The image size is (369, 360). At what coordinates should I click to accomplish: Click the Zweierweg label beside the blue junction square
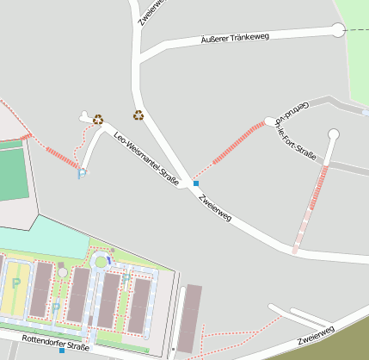pos(215,208)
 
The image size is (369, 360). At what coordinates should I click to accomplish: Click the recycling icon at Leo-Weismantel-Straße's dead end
pos(98,120)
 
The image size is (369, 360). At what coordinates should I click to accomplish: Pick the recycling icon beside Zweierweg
pos(138,115)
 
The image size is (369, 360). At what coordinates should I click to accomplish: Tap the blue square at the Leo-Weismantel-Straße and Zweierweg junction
pos(196,183)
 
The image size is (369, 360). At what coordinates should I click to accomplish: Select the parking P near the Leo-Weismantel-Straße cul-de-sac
pos(83,175)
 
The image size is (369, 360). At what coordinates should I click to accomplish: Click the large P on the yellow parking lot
pos(16,283)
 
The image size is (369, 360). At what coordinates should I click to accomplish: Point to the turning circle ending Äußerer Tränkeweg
pos(336,31)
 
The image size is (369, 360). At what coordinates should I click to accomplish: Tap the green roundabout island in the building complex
pos(101,261)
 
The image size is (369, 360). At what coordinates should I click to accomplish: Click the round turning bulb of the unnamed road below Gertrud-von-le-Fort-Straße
pos(334,134)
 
